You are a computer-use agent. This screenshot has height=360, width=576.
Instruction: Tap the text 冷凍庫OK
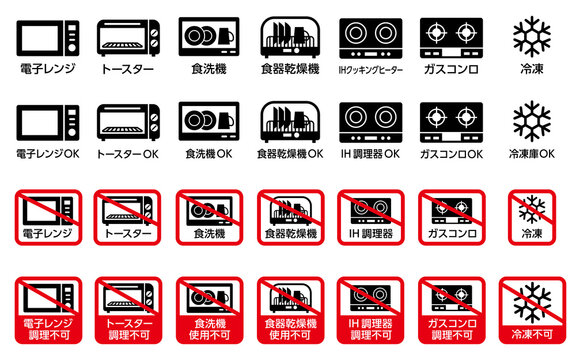(x=532, y=155)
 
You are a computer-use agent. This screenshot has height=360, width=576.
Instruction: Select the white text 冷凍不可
(x=532, y=334)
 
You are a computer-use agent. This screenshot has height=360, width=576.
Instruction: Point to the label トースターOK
(x=127, y=155)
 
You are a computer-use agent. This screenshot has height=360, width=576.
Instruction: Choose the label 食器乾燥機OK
(x=289, y=155)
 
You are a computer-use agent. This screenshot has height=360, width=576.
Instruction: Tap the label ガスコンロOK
(x=451, y=155)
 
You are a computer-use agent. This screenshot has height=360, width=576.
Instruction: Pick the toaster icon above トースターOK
(x=127, y=121)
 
